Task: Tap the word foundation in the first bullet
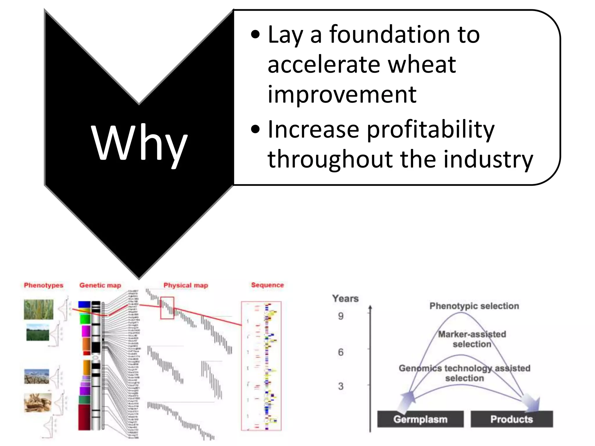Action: coord(389,35)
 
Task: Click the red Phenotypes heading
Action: coord(44,285)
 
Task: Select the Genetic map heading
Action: coord(100,285)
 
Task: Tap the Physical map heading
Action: coord(186,285)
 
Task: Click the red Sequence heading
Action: coord(267,285)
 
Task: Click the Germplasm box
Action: coord(420,419)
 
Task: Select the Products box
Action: coord(511,419)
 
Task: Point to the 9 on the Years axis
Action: coord(341,316)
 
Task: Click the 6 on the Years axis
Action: coord(341,352)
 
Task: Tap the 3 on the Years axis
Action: coord(341,386)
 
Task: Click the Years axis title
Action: coord(345,298)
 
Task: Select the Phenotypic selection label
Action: coord(474,306)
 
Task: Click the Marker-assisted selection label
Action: coord(472,339)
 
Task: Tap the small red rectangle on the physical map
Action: coord(167,308)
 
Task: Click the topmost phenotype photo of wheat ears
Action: coord(39,310)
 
